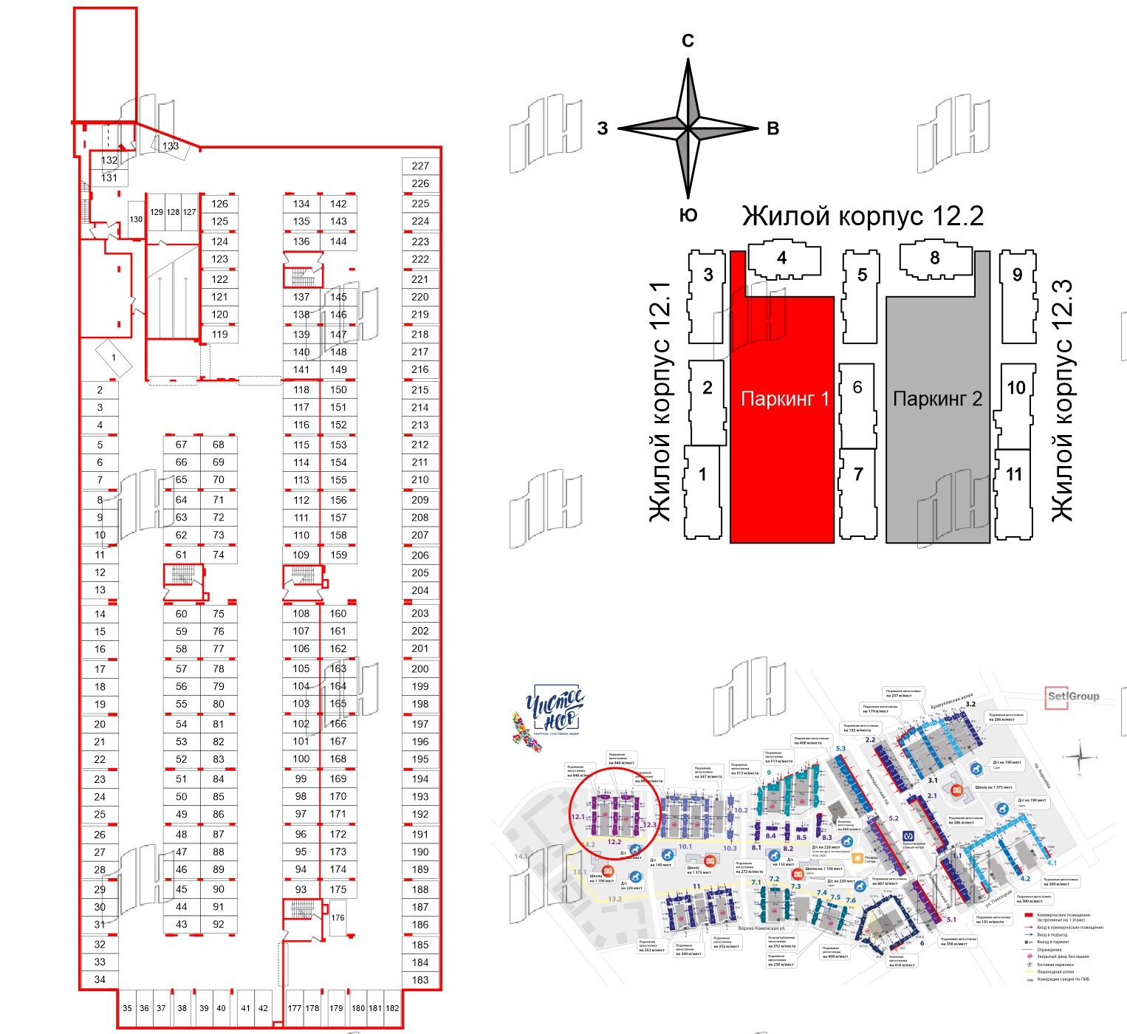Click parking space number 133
tap(171, 146)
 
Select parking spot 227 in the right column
tap(420, 166)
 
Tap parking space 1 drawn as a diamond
tap(114, 357)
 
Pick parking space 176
tap(338, 918)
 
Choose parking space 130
tap(136, 219)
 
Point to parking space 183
tap(420, 980)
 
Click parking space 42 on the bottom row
tap(263, 1008)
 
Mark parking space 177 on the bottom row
tap(295, 1008)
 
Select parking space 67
tap(182, 445)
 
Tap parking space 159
tap(338, 555)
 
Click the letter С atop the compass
tap(688, 41)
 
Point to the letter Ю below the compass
tap(688, 215)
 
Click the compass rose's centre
tap(688, 129)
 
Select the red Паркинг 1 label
tap(784, 399)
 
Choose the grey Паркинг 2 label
tap(937, 399)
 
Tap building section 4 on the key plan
tap(782, 258)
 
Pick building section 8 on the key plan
tap(935, 258)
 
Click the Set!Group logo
tap(1073, 696)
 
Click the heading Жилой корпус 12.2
tap(863, 216)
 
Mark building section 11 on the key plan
tap(1014, 474)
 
